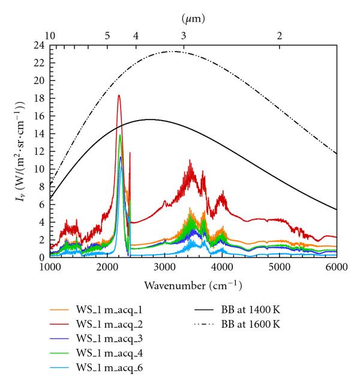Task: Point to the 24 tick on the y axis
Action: (x=39, y=46)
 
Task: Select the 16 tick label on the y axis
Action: (x=39, y=116)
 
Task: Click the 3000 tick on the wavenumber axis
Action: (x=164, y=267)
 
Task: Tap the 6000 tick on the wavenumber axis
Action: (x=337, y=267)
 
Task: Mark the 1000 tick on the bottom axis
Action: (x=50, y=267)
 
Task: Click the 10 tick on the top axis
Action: (x=50, y=36)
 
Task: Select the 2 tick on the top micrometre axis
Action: (x=279, y=36)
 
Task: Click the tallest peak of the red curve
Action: (x=119, y=95)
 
